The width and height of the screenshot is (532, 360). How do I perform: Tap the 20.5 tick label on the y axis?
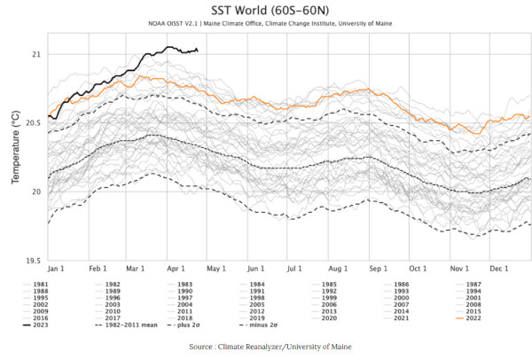point(31,123)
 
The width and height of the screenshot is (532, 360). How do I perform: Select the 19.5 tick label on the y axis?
point(31,261)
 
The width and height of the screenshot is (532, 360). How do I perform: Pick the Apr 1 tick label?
point(176,268)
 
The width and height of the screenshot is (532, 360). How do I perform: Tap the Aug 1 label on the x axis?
point(337,268)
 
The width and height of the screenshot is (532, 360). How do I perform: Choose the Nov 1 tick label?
point(458,268)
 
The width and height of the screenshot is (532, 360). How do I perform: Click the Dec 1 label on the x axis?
point(497,268)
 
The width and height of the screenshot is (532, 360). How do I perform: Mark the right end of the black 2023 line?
point(198,51)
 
